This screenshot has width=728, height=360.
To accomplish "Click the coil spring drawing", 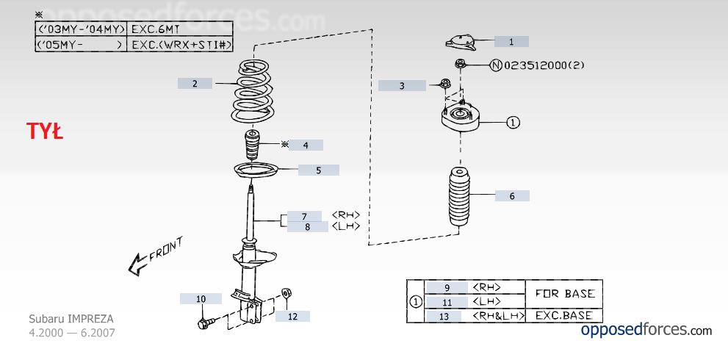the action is point(253,93).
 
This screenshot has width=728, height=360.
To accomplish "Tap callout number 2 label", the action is point(195,84).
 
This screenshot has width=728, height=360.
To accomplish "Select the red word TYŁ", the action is point(45,132).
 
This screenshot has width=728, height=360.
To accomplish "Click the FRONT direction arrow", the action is point(155,257).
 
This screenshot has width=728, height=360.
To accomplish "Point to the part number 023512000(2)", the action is point(544,65).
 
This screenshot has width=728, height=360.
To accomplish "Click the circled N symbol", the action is point(497,65).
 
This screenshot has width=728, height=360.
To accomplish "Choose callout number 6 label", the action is point(512,196).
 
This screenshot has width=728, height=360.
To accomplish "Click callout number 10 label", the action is point(201,299).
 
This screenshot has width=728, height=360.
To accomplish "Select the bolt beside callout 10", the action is point(206,323).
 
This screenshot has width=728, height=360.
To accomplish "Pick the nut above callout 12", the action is point(286,293).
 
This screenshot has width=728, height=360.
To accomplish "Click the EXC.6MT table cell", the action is point(179,29).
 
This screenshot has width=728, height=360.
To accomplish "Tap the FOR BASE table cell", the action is point(564,294).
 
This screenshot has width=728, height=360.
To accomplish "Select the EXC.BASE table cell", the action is point(564,315).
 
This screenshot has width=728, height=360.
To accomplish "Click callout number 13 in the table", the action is point(444,317).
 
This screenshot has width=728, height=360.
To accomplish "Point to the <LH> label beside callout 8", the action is point(346,227).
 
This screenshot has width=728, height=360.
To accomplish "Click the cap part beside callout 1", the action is point(461,43).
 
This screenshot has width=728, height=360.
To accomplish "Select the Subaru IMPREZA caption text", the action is point(71,319).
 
